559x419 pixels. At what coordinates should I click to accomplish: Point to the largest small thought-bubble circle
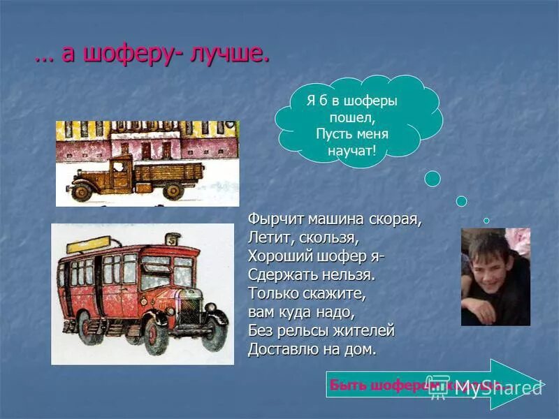click(433, 179)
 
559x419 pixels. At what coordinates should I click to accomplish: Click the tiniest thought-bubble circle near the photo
click(486, 221)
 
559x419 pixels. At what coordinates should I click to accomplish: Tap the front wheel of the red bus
click(155, 334)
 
